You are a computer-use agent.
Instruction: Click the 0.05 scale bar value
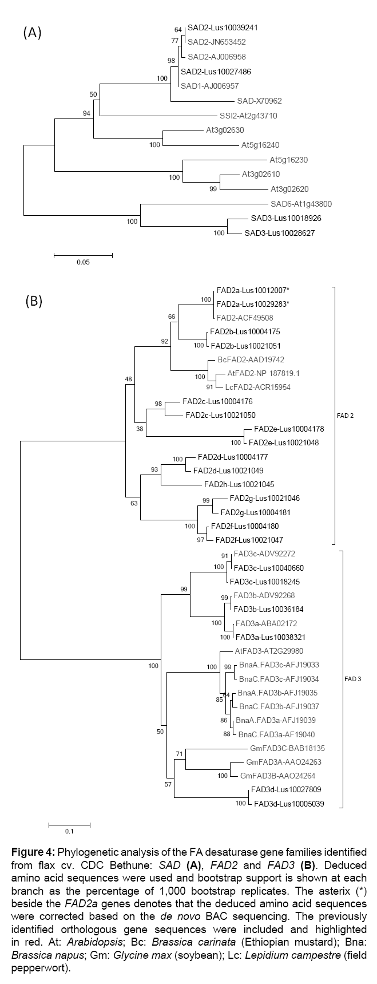[x=84, y=262]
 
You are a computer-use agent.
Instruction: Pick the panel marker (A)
[x=32, y=34]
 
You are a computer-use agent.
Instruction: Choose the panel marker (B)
[x=34, y=301]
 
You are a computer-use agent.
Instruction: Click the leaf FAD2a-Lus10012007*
[x=248, y=290]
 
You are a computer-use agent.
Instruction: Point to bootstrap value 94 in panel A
[x=87, y=113]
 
